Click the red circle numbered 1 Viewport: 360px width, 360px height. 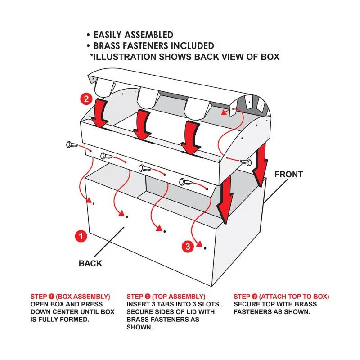point(80,236)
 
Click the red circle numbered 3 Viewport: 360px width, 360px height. point(188,246)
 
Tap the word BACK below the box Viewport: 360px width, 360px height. point(90,263)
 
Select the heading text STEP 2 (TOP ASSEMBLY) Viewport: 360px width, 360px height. point(166,297)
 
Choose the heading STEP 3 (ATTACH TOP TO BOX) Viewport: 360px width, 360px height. point(281,297)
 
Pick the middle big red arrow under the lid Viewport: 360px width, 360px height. point(143,124)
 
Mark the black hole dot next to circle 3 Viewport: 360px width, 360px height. point(205,248)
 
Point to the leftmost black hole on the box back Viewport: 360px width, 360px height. point(93,204)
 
